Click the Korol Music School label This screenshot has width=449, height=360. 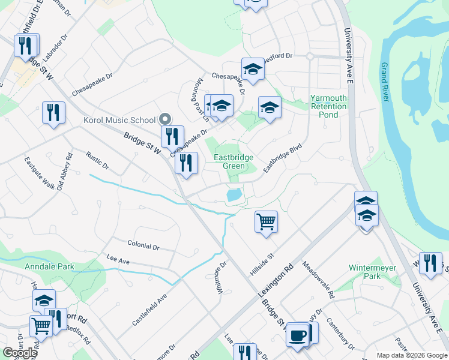[120, 120]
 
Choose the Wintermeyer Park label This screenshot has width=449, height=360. [364, 272]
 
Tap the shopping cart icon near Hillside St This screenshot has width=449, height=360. [265, 221]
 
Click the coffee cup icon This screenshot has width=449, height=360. [297, 335]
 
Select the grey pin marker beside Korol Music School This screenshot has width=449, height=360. [166, 118]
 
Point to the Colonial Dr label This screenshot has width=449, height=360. [143, 246]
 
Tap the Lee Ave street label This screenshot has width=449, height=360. [118, 260]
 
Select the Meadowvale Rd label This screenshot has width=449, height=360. [318, 280]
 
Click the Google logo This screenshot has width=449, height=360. [20, 353]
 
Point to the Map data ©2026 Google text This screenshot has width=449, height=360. [411, 355]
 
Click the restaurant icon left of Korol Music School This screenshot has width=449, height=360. [53, 112]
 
